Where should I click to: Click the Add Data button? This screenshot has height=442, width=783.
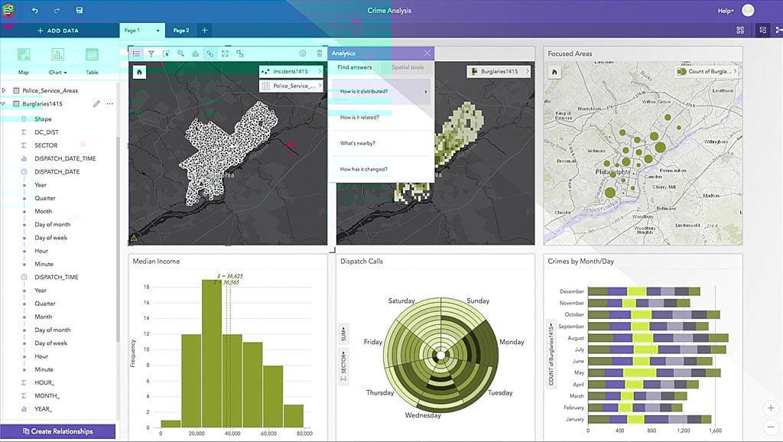(58, 31)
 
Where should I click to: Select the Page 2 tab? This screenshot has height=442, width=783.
(181, 31)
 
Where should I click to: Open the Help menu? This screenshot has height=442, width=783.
(726, 11)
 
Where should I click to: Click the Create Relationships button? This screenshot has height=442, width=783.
(58, 431)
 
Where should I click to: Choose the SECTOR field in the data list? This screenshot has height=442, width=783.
(46, 145)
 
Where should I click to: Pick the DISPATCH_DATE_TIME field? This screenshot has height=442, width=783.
(65, 158)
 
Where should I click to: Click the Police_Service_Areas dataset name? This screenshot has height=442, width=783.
(50, 90)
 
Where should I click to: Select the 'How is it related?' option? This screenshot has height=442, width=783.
(359, 117)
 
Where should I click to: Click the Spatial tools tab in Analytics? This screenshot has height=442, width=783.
(408, 67)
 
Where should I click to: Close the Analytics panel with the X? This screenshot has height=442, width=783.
(427, 54)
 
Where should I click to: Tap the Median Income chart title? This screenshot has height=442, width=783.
(157, 262)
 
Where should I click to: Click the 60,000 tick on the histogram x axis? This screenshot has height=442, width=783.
(269, 434)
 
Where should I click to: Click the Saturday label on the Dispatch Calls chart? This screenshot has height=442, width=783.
(401, 301)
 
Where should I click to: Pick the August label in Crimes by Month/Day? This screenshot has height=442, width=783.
(577, 338)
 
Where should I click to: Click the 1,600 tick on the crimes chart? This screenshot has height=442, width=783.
(715, 430)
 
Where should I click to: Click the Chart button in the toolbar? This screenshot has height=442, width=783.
(57, 59)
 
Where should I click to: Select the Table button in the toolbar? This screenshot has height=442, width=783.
(92, 59)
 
